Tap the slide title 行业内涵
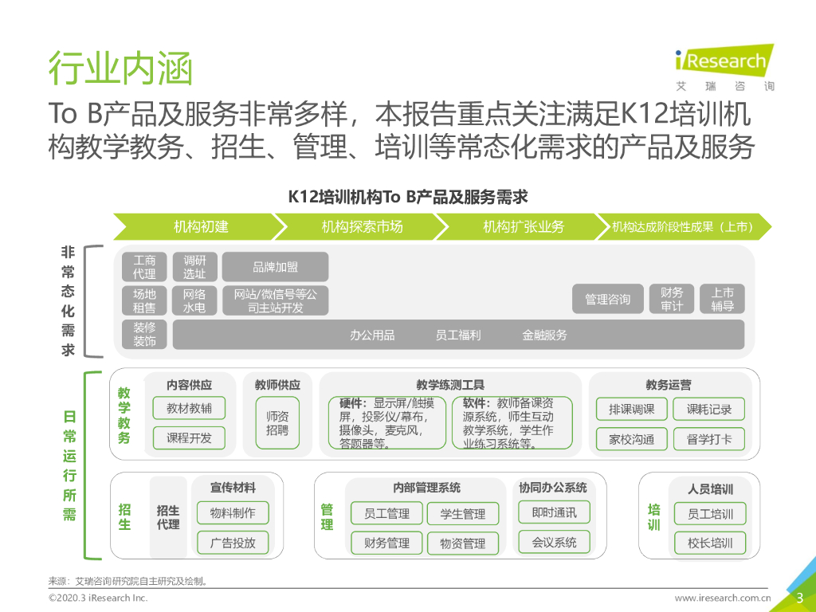120,69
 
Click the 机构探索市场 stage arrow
363,226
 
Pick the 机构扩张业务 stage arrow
524,226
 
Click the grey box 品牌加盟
275,267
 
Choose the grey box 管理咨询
607,299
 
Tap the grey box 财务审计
672,299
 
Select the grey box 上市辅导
722,299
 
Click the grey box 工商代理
145,267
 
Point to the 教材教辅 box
189,409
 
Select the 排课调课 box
632,409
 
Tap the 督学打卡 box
708,438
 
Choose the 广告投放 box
233,543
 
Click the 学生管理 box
462,514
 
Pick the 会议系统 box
554,543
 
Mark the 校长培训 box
709,543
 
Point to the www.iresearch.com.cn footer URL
723,598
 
